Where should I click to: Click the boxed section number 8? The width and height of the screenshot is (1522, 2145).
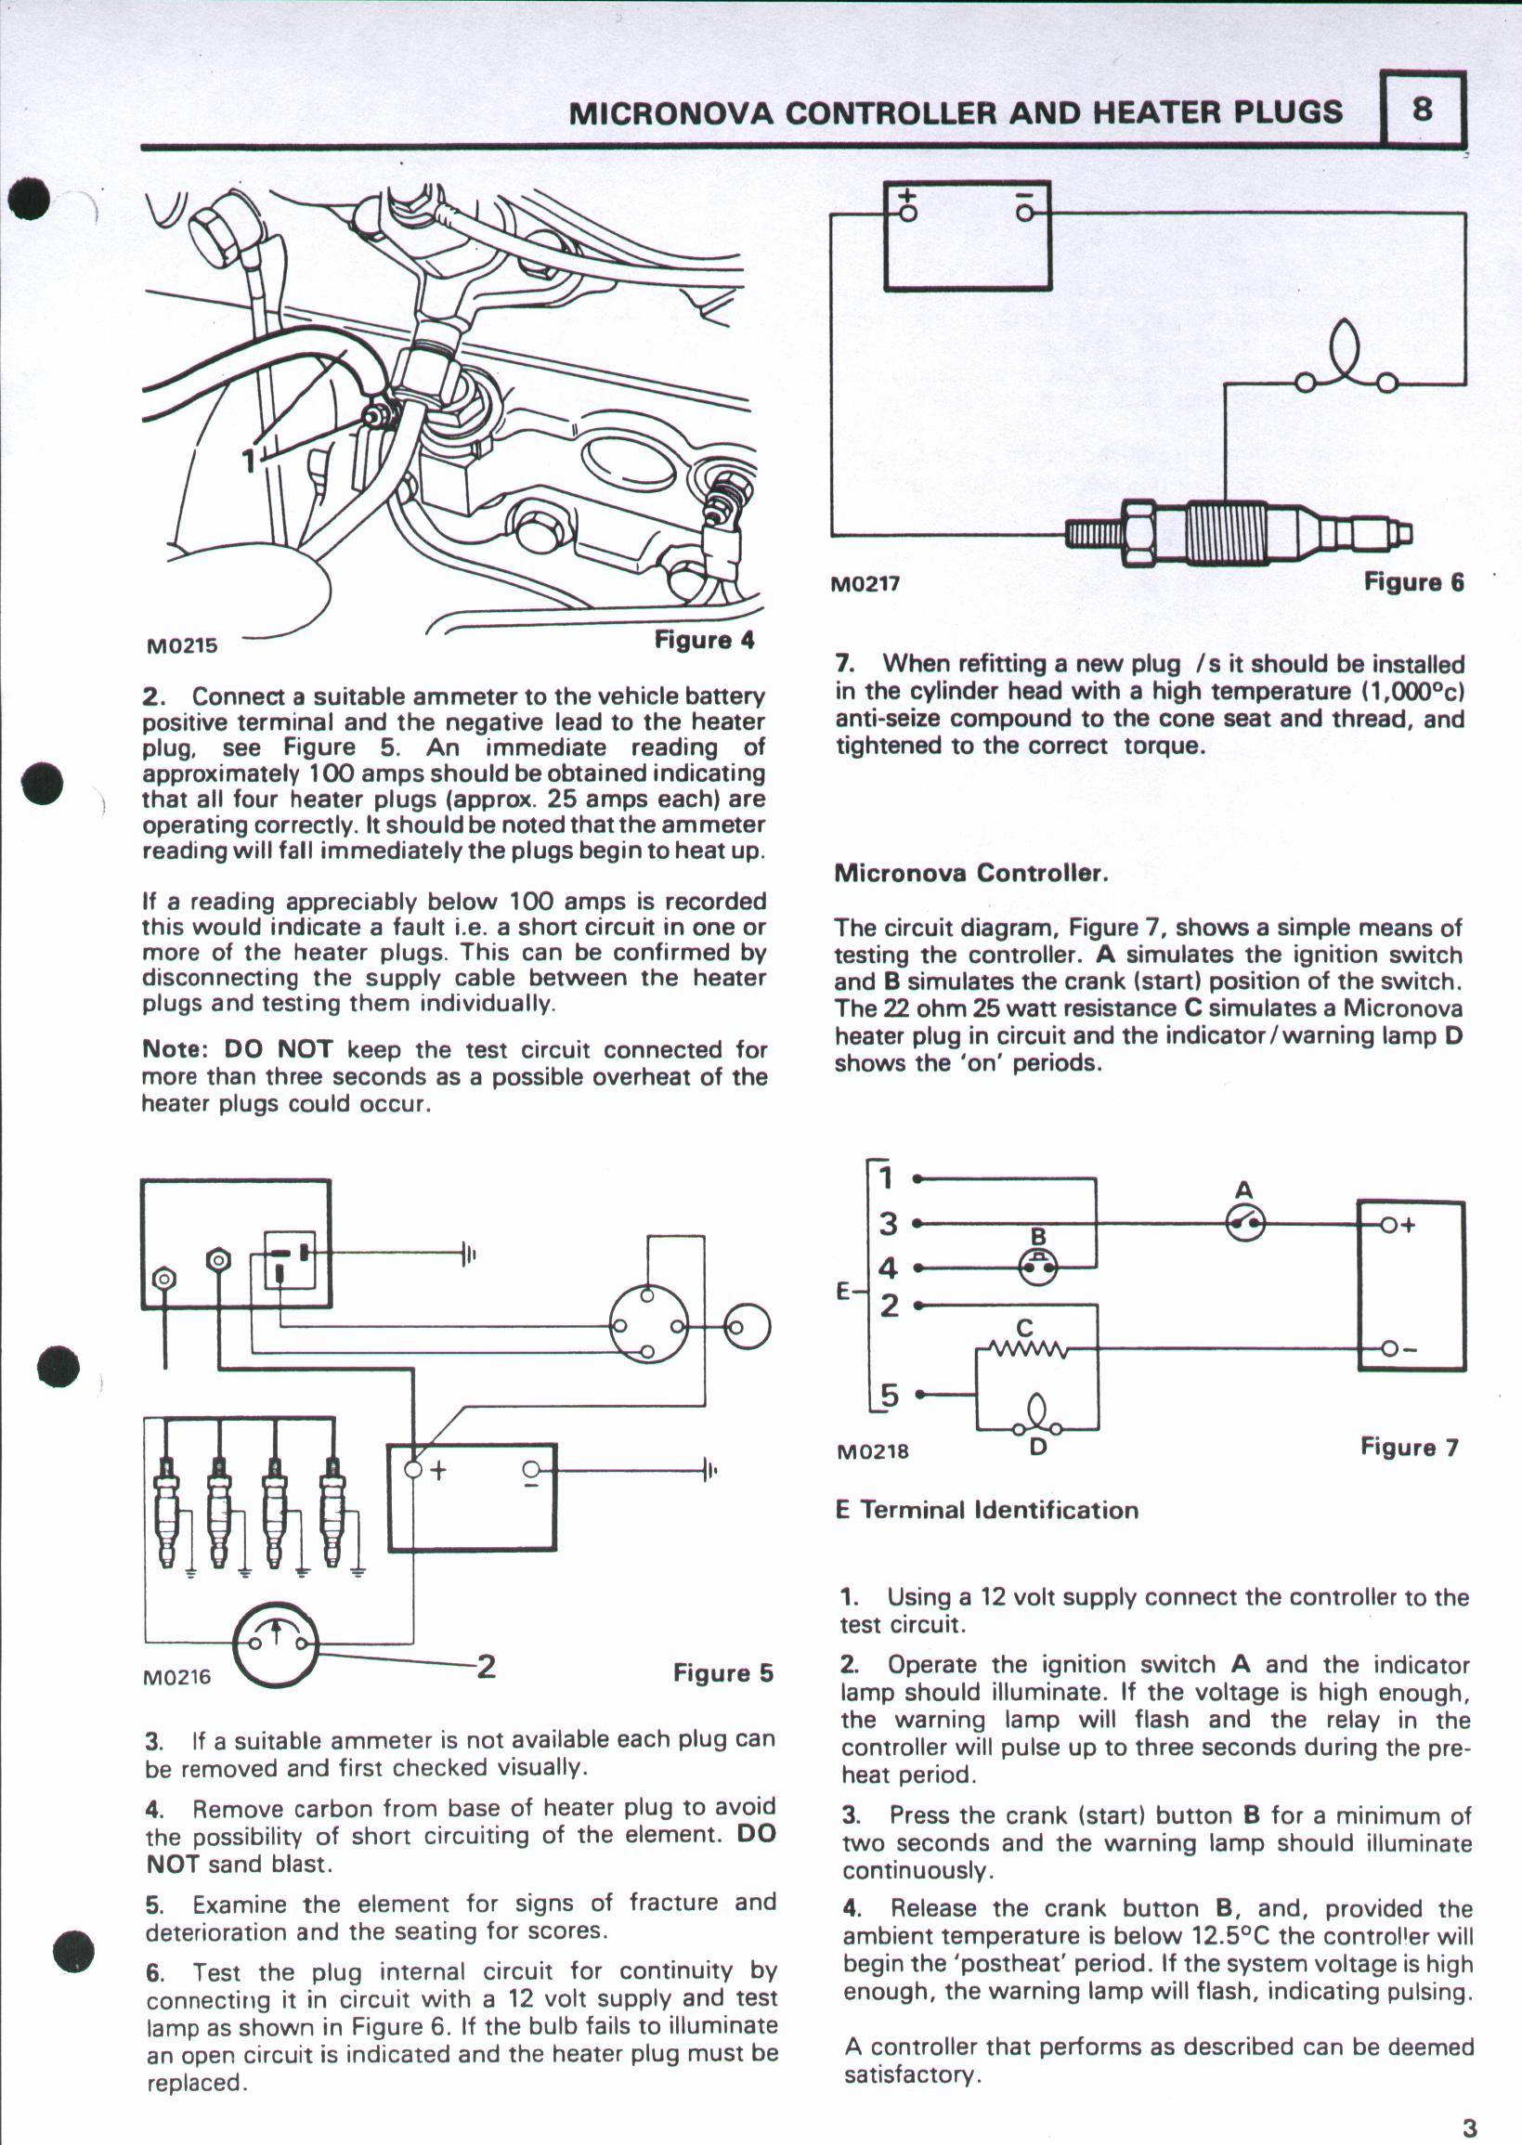click(x=1422, y=110)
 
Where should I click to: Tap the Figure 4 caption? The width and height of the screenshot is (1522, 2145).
click(x=704, y=640)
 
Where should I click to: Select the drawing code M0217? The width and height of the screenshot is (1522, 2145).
click(x=865, y=584)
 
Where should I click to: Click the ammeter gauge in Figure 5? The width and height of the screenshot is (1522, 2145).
click(x=276, y=1644)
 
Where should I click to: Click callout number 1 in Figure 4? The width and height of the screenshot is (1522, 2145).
click(x=248, y=461)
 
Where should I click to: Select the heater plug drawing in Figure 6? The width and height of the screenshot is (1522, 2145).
click(x=1237, y=532)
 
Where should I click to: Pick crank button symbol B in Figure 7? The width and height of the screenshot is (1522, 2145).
click(x=1038, y=1268)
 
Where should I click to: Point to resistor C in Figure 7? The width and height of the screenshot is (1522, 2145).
click(x=1025, y=1348)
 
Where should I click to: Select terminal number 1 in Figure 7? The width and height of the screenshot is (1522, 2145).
click(x=887, y=1178)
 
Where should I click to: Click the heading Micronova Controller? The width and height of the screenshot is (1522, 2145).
click(x=971, y=874)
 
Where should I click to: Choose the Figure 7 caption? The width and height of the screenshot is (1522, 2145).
click(x=1409, y=1448)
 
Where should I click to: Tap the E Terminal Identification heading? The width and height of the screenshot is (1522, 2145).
click(x=986, y=1510)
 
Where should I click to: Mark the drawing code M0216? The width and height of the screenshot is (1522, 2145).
click(x=177, y=1677)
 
